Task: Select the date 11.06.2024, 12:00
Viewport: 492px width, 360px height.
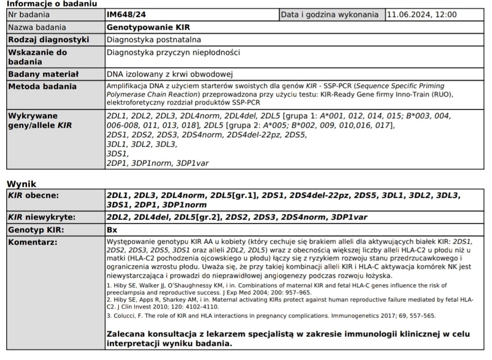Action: point(422,15)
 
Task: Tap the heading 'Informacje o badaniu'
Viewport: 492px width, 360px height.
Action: point(52,4)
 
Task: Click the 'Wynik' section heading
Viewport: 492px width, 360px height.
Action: point(21,184)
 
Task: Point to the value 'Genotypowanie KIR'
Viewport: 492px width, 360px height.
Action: point(148,27)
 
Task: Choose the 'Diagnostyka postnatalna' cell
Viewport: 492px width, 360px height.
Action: point(150,40)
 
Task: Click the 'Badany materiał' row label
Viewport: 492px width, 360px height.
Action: point(44,74)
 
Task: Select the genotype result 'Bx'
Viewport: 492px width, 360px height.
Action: point(112,230)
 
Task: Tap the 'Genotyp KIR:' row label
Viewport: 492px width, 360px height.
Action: point(36,230)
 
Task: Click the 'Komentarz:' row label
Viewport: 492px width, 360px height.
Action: point(33,243)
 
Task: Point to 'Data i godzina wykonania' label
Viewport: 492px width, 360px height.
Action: point(330,15)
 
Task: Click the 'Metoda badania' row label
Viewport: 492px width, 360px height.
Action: point(43,87)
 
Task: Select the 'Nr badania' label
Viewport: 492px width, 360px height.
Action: point(29,15)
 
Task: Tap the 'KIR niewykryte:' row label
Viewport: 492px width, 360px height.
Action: point(42,218)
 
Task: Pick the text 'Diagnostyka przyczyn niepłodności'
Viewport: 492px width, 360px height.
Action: point(173,53)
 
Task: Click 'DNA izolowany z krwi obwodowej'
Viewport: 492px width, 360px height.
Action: point(170,74)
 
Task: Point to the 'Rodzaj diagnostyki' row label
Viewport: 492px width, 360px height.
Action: point(49,40)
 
